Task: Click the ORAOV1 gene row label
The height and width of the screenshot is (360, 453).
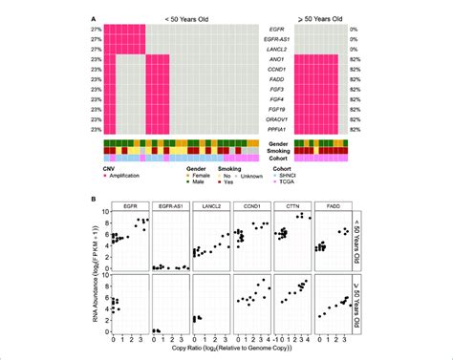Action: [x=270, y=121]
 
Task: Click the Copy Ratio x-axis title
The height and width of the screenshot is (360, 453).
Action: [x=227, y=352]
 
